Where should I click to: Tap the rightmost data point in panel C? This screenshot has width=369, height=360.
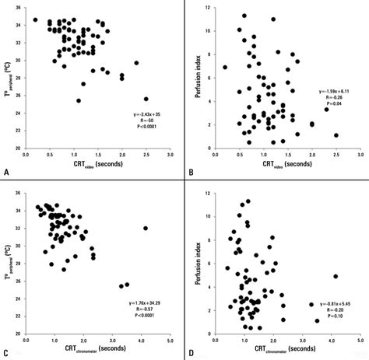point(146,228)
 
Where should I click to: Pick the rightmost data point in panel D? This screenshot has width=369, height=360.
point(336,276)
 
